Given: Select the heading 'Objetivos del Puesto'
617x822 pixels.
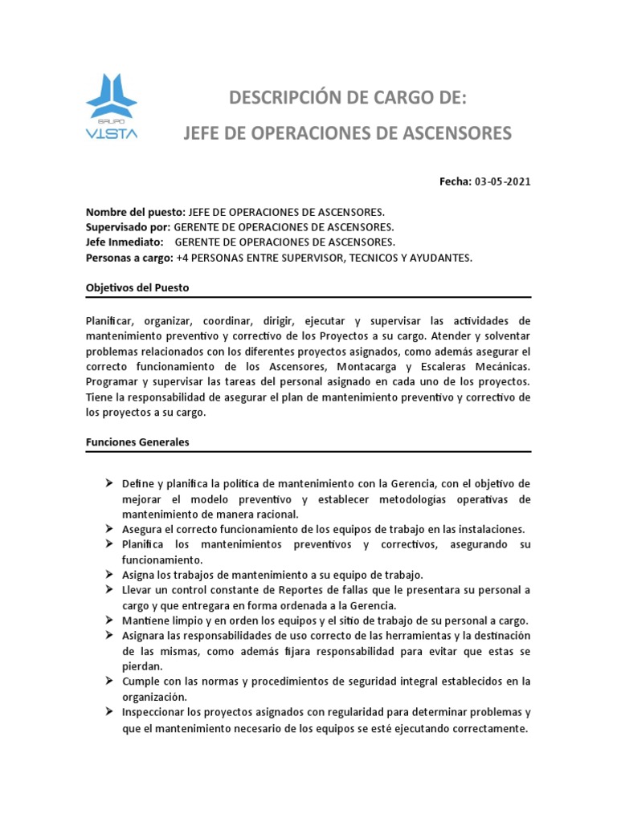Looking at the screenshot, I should pos(137,287).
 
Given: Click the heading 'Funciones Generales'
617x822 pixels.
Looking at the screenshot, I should pos(137,442).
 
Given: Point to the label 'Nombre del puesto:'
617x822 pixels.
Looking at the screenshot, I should pos(135,212).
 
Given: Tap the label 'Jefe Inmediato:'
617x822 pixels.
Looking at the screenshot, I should pos(125,242).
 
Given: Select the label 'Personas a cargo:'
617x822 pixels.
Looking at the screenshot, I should pos(129,258).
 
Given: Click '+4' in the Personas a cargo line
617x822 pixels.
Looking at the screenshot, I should pos(182,258).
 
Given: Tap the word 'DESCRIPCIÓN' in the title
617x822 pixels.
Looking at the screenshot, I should pos(288,99).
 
